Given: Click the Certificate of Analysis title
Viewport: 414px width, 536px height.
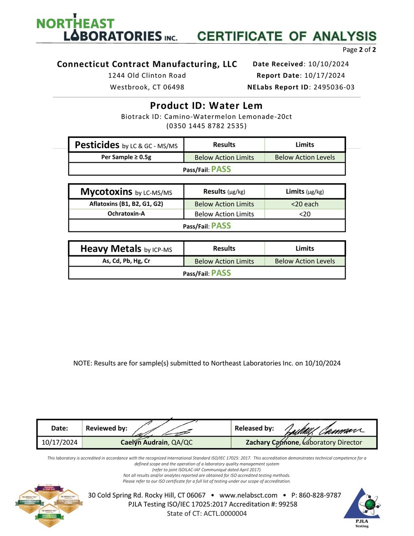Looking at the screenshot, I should click(x=287, y=36).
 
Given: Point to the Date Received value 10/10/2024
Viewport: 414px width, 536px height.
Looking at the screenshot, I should click(x=328, y=64).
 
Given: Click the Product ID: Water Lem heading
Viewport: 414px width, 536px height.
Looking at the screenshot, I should click(x=206, y=106).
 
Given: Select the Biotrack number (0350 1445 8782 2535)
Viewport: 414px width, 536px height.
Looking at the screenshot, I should click(x=206, y=126).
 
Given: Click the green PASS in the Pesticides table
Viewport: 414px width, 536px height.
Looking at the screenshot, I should click(x=221, y=169).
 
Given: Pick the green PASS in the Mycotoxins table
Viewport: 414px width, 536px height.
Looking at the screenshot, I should click(x=221, y=226).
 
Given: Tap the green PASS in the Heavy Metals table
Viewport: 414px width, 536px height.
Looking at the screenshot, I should click(x=221, y=273).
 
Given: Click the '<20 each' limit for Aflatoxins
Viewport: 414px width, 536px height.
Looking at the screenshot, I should click(x=304, y=204).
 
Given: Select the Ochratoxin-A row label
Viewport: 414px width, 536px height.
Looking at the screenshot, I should click(x=126, y=214).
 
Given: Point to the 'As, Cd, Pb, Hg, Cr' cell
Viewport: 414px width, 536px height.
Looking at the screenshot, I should click(x=126, y=261).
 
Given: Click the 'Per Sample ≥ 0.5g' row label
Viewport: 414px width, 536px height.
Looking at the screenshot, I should click(x=126, y=157).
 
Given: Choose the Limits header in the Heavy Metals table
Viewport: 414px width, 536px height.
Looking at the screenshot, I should click(x=304, y=248).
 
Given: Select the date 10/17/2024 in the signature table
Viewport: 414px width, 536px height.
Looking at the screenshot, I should click(x=59, y=442).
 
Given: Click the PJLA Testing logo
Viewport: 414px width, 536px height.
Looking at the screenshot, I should click(x=362, y=508).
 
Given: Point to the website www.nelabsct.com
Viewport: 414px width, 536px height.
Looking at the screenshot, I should click(x=248, y=495).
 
